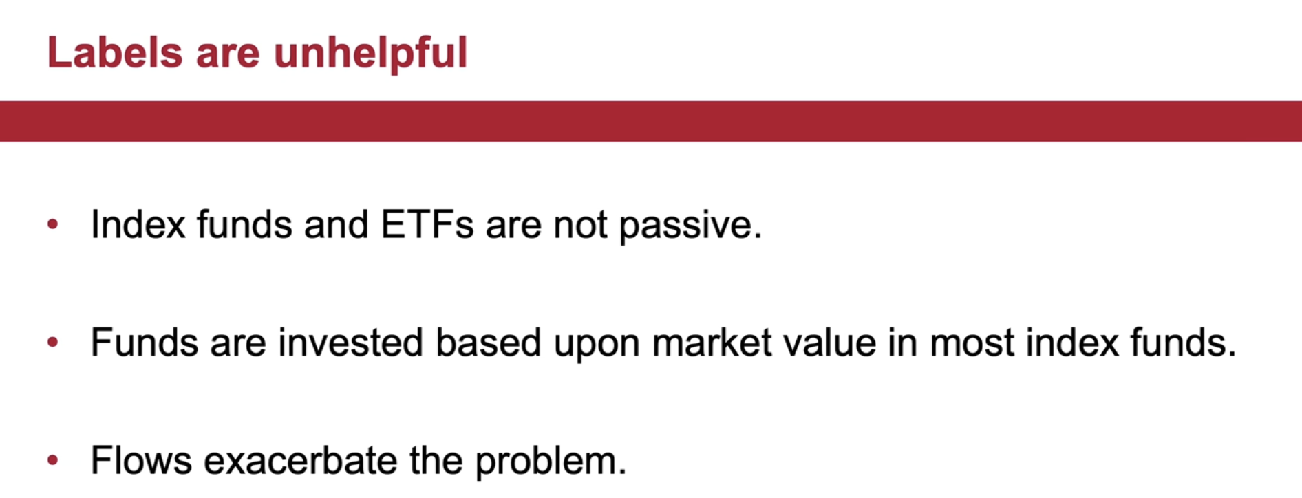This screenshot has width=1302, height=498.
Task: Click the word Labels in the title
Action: [115, 53]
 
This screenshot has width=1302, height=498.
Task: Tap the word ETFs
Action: [427, 225]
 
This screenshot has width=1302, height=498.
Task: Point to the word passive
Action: [690, 227]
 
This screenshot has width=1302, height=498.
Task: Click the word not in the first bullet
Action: [580, 226]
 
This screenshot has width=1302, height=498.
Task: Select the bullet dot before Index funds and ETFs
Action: [53, 224]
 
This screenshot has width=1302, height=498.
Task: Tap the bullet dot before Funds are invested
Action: [53, 342]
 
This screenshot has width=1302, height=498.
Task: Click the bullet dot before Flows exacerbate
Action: [53, 460]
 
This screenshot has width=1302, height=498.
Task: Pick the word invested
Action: [350, 343]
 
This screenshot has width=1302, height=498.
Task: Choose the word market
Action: [712, 343]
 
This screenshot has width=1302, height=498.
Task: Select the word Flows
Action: [141, 460]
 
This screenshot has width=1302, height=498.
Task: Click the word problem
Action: [551, 462]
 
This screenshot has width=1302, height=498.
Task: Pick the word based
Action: [488, 343]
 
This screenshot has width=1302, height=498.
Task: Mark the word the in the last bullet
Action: [436, 460]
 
